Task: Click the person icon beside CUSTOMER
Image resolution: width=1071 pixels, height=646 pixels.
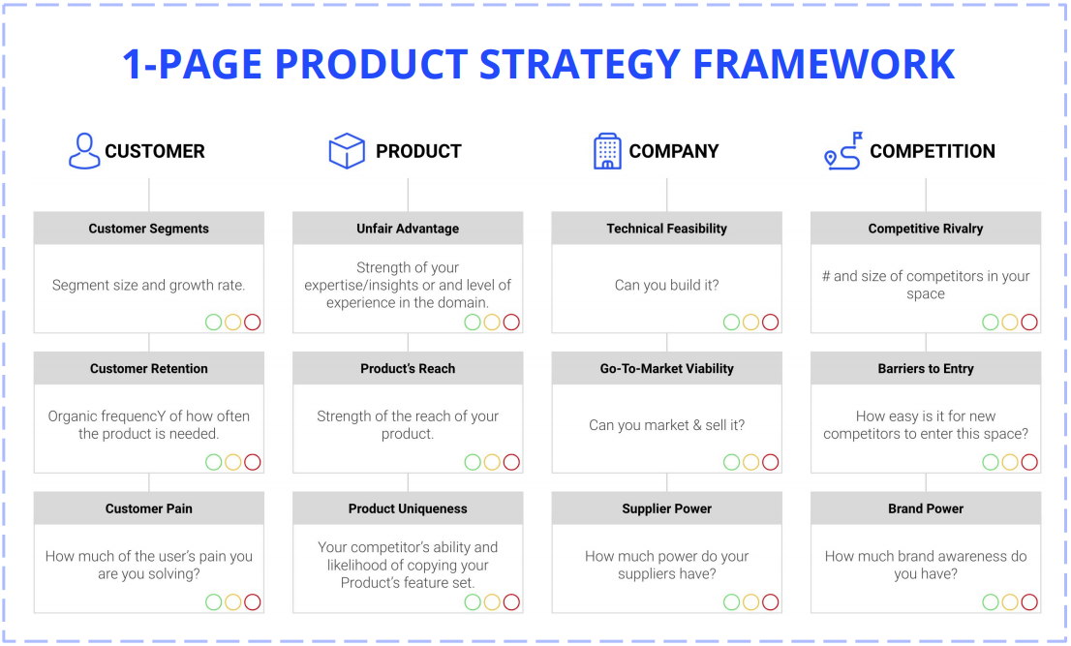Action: (84, 150)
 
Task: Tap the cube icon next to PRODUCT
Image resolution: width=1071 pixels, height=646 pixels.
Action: (347, 150)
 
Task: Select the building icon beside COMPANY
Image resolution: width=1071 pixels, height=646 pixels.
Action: (607, 151)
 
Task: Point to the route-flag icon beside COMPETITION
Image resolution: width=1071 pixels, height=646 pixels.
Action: (843, 150)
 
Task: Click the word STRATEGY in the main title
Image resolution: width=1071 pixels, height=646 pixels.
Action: (579, 64)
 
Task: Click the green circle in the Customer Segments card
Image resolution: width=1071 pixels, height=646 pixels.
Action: (214, 323)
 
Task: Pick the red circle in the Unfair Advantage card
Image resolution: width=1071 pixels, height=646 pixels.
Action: (511, 323)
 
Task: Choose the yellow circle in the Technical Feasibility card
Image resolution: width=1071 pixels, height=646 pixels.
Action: (750, 323)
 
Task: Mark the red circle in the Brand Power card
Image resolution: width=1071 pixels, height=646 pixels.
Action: (1029, 602)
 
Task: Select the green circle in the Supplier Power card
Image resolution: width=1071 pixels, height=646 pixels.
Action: (731, 602)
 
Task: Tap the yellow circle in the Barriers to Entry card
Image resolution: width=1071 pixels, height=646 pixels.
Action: (1010, 462)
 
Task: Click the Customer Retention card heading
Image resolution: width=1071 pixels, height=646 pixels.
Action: (149, 369)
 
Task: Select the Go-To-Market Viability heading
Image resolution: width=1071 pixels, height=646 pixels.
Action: (666, 369)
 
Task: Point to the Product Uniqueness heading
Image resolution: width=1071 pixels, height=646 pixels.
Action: (408, 508)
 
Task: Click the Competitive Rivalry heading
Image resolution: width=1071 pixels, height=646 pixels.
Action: (926, 229)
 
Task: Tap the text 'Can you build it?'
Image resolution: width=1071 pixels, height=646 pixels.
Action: (666, 286)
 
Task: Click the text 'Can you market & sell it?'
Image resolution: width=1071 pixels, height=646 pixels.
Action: (666, 425)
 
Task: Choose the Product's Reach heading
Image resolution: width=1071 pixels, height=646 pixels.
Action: (408, 369)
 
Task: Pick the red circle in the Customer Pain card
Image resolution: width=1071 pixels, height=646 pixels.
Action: (253, 602)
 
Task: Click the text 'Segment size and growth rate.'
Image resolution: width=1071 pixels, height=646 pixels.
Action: (149, 286)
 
